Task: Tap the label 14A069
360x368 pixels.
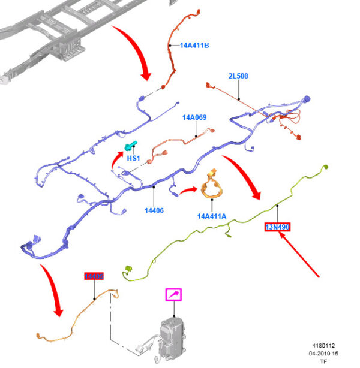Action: (194, 117)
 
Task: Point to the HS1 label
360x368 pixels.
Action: (133, 158)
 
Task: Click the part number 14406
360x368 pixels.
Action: (154, 210)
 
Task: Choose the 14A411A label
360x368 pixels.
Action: (212, 216)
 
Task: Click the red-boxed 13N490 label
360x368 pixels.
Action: (278, 227)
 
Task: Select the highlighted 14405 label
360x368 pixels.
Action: (94, 276)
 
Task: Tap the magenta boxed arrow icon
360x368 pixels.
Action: (175, 294)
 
